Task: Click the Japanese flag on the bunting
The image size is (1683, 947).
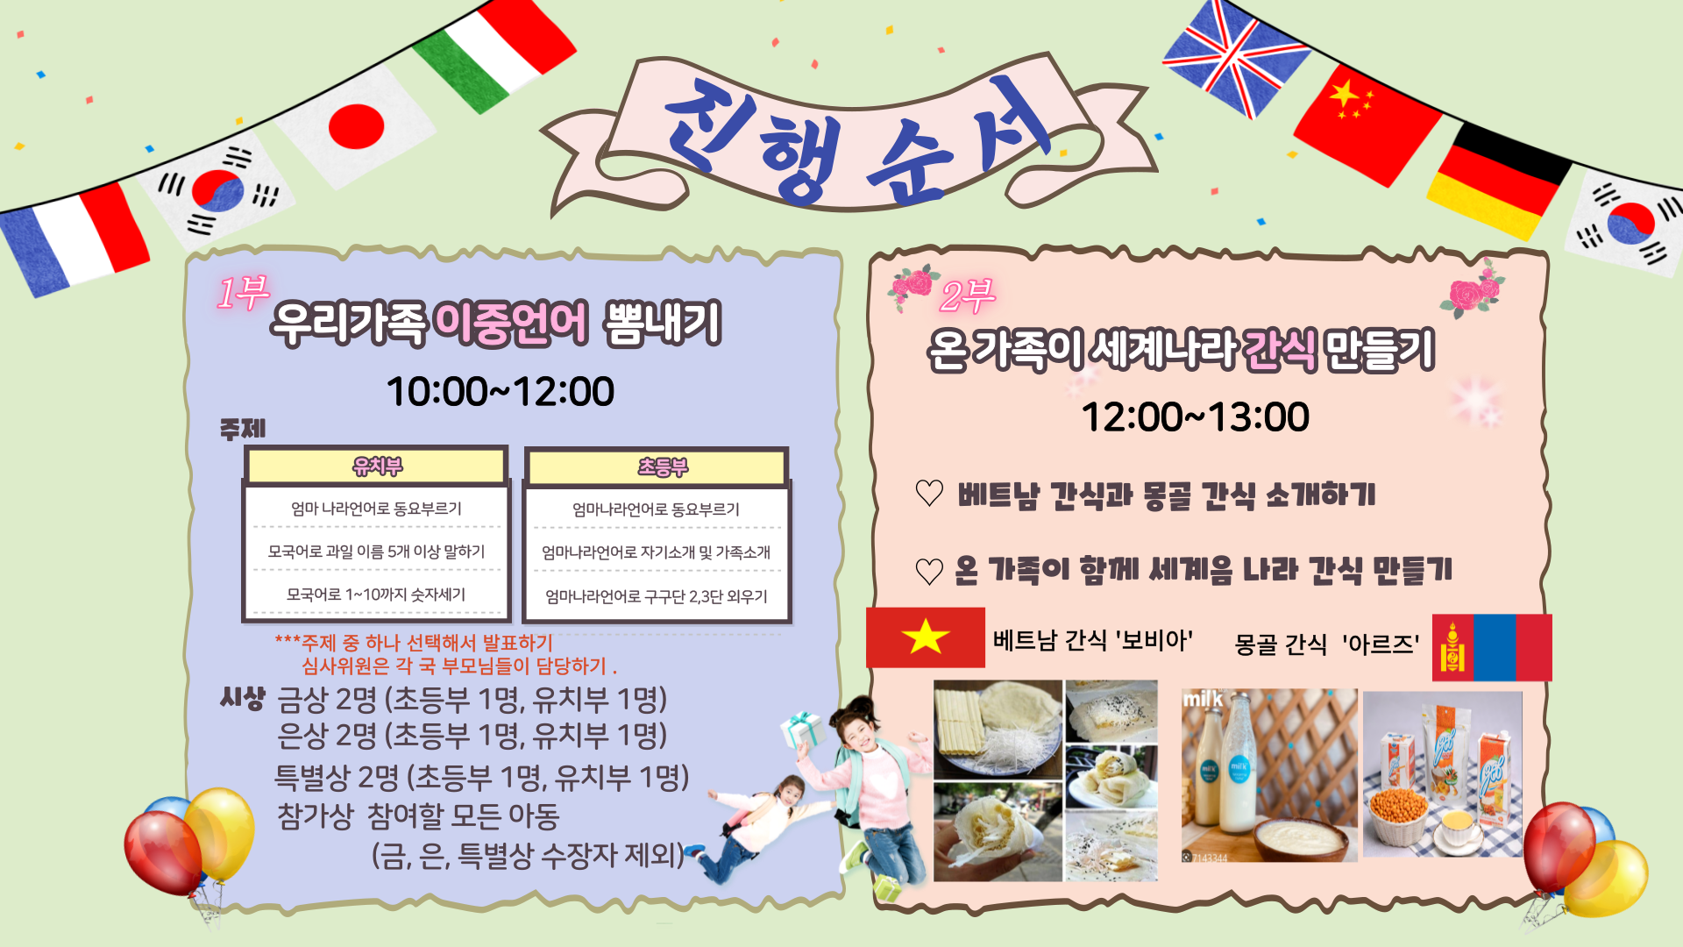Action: click(x=355, y=126)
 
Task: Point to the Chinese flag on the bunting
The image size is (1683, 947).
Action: click(x=1367, y=124)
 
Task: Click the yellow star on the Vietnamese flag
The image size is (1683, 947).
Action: click(x=925, y=637)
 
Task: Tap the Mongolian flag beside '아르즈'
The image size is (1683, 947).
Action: click(x=1492, y=648)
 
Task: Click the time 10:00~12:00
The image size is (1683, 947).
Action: click(x=501, y=391)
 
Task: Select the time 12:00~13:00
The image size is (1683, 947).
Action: click(x=1196, y=417)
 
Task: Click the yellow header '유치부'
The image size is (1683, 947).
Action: click(x=377, y=466)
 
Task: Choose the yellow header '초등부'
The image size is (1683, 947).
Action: click(x=663, y=466)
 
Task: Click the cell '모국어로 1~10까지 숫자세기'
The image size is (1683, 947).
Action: click(x=376, y=595)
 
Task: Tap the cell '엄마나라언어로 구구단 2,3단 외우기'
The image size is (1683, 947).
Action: click(x=657, y=596)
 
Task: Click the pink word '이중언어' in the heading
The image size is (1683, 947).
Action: click(x=511, y=323)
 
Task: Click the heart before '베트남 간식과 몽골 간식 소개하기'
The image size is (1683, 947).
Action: click(x=929, y=493)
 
